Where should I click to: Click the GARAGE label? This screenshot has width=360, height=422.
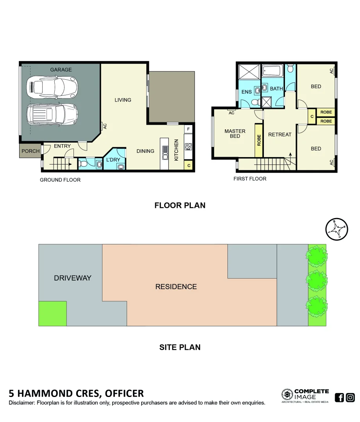(61, 70)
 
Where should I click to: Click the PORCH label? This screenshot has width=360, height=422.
(30, 151)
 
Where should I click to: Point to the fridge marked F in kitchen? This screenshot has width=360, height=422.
(188, 129)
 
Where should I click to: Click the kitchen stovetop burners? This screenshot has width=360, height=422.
(188, 147)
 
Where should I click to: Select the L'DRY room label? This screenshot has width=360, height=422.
(113, 160)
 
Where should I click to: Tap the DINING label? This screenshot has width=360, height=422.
(145, 151)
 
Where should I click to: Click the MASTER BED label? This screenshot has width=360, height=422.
(235, 134)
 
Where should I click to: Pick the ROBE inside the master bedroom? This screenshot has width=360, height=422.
(259, 141)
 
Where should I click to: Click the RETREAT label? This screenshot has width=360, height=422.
(280, 134)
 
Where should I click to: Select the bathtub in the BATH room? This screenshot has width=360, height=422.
(272, 72)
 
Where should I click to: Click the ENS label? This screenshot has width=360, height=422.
(247, 92)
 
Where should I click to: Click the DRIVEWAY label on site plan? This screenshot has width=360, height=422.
(72, 278)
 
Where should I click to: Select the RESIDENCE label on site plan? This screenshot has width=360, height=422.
(176, 286)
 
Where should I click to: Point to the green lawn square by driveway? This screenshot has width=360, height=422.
(52, 314)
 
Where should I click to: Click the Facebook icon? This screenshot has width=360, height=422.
(339, 398)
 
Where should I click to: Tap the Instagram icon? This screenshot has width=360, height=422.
(351, 398)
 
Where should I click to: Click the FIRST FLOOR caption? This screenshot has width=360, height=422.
(250, 179)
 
